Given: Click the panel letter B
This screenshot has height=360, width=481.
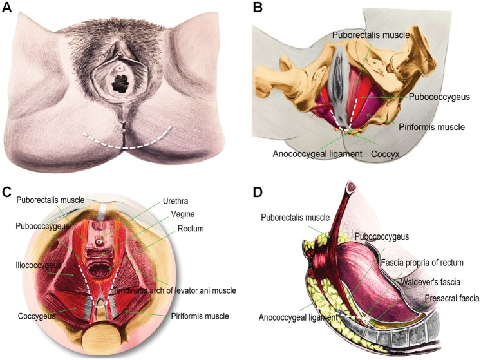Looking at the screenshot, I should (x=258, y=9).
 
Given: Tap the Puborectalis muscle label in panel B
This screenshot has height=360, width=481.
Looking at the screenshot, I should (x=371, y=35).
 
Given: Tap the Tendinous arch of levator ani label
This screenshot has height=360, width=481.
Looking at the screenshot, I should (x=174, y=291).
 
